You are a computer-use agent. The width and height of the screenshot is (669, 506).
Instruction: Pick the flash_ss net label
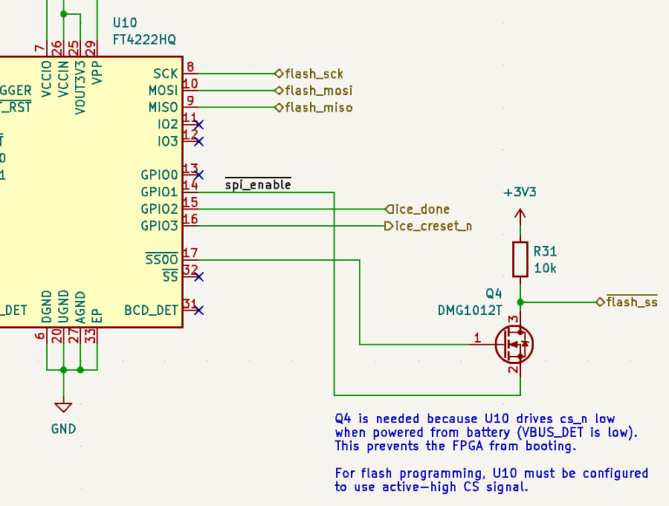[x=632, y=302]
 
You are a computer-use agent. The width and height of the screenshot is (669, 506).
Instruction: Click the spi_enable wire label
[x=258, y=185]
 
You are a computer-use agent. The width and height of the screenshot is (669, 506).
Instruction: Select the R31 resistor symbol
[x=520, y=259]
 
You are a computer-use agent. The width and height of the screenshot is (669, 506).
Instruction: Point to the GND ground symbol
[x=63, y=407]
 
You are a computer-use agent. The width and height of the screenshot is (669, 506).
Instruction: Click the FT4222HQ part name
[x=145, y=39]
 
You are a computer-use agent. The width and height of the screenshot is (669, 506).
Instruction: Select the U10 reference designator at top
[x=125, y=23]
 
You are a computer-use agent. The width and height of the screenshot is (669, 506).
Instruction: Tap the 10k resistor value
[x=545, y=267]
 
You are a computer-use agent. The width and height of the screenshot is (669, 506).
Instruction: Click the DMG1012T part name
[x=470, y=310]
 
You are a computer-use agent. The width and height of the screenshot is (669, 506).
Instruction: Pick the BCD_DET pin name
[x=151, y=310]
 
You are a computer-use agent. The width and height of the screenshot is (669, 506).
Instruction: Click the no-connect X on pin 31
[x=199, y=310]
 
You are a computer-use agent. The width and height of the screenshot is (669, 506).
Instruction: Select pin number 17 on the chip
[x=191, y=253]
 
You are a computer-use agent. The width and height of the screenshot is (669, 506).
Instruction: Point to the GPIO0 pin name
[x=159, y=174]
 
